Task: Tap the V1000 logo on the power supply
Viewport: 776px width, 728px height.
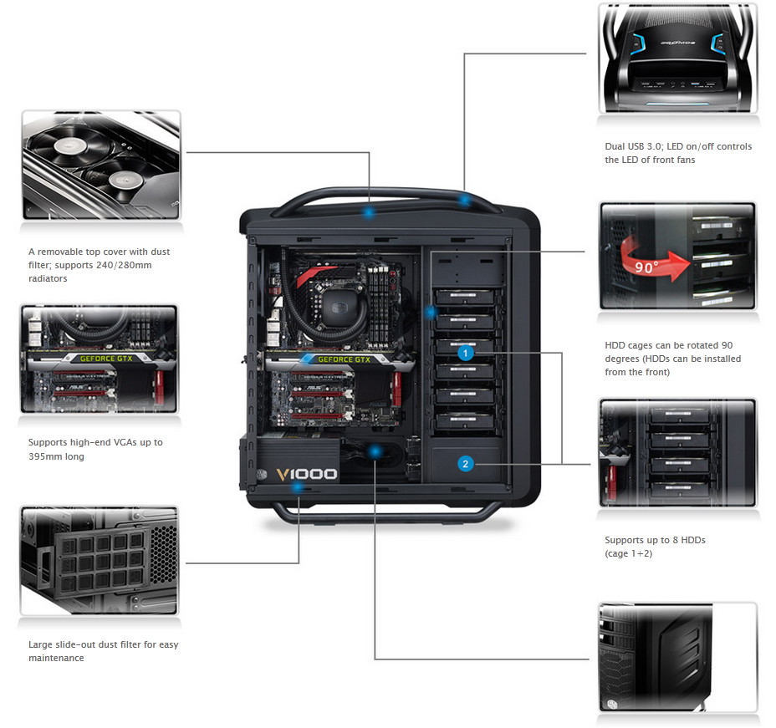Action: click(x=309, y=474)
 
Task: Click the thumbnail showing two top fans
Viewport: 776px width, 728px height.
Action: click(x=100, y=165)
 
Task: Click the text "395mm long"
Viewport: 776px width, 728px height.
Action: click(x=57, y=456)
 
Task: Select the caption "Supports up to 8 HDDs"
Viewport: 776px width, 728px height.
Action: click(x=655, y=540)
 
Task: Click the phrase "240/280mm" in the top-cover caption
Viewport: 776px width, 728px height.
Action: click(x=124, y=265)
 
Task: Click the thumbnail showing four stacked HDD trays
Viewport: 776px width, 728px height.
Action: click(x=678, y=452)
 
